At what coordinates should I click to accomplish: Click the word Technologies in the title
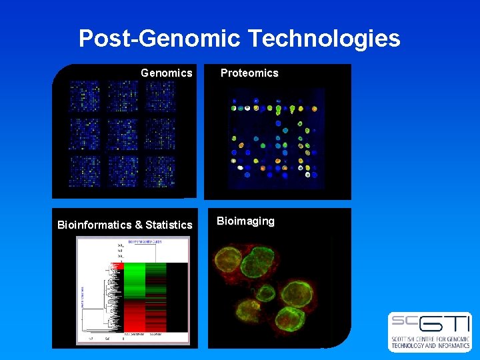tap(325, 39)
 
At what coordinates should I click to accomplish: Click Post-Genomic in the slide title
tap(159, 39)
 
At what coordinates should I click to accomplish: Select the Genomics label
tap(167, 73)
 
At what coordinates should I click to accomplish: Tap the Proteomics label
tap(249, 73)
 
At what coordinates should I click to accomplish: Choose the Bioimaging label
tap(245, 221)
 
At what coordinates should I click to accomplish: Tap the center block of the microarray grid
tap(122, 134)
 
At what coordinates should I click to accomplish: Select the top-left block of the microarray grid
tap(85, 97)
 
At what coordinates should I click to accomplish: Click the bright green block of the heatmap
tap(135, 280)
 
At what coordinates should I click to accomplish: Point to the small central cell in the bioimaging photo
tap(265, 292)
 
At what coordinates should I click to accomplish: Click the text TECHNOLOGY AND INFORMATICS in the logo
tap(430, 345)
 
